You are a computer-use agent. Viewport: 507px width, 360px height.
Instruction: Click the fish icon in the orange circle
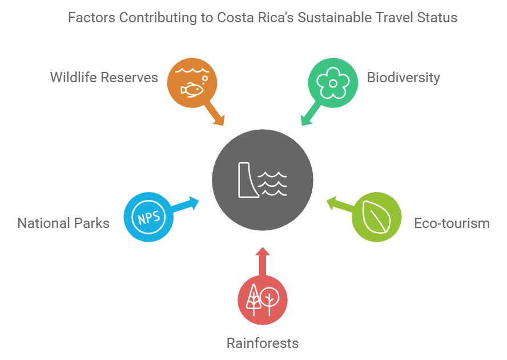(192, 89)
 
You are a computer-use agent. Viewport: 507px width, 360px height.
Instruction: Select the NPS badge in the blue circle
(148, 217)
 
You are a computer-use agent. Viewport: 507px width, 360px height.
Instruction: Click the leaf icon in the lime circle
(376, 217)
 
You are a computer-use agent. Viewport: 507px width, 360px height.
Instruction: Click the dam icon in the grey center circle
(247, 179)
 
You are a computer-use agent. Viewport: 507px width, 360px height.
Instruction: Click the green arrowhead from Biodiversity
(306, 119)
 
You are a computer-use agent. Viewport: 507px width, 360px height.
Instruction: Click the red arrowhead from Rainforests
(263, 253)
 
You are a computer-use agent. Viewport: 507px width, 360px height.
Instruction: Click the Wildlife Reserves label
(104, 77)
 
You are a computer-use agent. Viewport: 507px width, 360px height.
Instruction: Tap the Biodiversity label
(404, 77)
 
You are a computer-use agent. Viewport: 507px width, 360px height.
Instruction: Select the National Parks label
(63, 223)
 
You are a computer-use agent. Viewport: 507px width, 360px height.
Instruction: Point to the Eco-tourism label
(451, 223)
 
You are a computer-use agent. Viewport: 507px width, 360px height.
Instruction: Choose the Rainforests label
(263, 343)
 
